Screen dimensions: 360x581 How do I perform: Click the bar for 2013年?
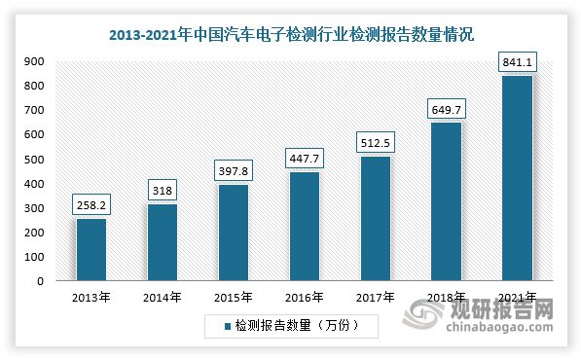click(x=91, y=249)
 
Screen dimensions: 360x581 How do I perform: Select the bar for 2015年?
click(x=232, y=233)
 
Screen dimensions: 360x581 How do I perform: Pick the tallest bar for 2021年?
click(x=516, y=178)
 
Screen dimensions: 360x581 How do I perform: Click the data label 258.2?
click(x=91, y=206)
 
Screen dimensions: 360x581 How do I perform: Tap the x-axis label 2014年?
click(x=162, y=297)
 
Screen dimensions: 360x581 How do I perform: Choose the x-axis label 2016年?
click(x=303, y=297)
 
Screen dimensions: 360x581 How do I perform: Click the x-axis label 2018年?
click(x=445, y=297)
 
